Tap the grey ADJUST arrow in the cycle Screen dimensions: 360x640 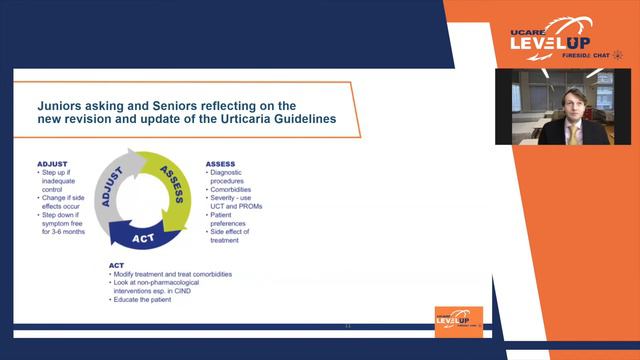tap(111, 185)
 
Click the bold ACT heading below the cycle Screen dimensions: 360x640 tap(117, 265)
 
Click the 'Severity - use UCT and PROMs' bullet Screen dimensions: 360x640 tap(240, 202)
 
